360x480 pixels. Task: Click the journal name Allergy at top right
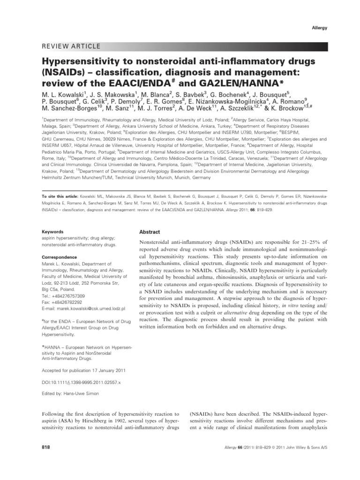(320, 28)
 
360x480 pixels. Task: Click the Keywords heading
(52, 232)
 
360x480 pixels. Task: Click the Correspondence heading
(60, 257)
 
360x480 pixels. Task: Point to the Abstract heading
(150, 232)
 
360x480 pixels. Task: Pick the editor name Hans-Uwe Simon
(86, 393)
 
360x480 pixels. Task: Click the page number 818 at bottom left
(46, 449)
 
